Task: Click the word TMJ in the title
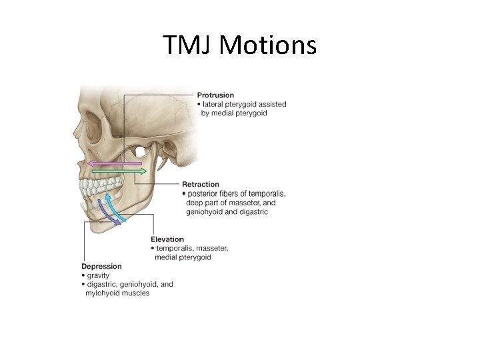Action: coord(188,45)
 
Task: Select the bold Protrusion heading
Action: coord(215,95)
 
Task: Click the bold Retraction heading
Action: coord(200,185)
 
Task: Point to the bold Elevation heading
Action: coord(167,239)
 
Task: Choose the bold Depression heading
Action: coord(101,267)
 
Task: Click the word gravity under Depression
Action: coord(98,275)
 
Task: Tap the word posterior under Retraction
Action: coord(207,194)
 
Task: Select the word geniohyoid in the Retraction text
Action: coord(203,212)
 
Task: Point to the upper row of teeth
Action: coord(100,182)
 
